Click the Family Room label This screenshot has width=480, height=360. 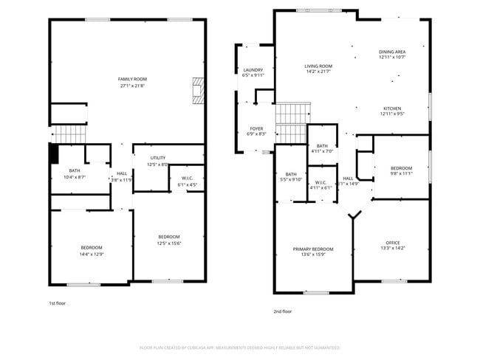point(133,82)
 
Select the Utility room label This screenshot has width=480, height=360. point(159,162)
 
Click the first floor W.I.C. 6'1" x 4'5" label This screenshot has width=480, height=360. point(181,181)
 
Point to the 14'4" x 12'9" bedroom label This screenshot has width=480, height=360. point(92,251)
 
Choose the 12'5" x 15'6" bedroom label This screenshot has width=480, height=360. point(169,240)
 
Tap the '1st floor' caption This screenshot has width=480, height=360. point(58,303)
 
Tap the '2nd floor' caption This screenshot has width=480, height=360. point(283,311)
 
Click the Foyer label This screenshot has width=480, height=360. point(256,131)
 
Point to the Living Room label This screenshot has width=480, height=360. point(319,69)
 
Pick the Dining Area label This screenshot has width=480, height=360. point(392,54)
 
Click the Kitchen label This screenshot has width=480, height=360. point(392,111)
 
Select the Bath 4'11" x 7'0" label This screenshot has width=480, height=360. point(322,148)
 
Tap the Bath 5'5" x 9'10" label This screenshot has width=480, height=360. point(291,176)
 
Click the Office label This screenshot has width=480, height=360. point(392,245)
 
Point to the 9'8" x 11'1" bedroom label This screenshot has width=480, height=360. point(401,171)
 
